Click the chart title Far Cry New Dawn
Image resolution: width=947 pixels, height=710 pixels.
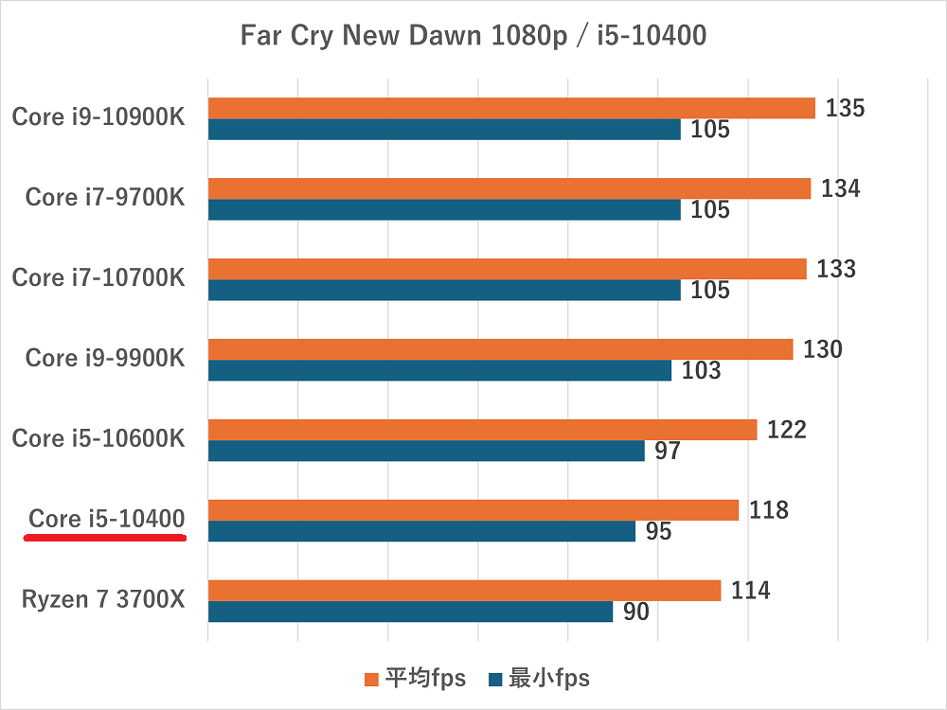tap(473, 37)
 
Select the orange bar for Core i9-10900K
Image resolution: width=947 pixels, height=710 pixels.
tap(511, 108)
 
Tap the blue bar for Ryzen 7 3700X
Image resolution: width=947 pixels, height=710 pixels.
tap(410, 612)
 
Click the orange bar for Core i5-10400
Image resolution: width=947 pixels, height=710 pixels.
tap(473, 510)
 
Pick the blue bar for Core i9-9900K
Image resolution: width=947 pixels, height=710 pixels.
tap(439, 371)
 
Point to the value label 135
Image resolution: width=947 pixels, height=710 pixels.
tap(845, 108)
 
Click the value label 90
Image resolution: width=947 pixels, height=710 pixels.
tap(635, 612)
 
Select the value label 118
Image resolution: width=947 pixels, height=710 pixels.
tap(768, 510)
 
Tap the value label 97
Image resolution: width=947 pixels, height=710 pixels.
tap(667, 452)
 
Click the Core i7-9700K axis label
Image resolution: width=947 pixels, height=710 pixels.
tap(105, 197)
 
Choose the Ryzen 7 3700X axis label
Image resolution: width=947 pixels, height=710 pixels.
tap(103, 599)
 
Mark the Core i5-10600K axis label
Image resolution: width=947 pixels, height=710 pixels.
tap(98, 438)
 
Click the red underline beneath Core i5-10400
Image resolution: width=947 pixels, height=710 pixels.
tap(104, 538)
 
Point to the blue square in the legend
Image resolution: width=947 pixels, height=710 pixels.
tap(494, 679)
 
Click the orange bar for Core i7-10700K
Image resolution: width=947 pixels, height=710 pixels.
tap(507, 269)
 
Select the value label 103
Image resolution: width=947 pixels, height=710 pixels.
tap(701, 371)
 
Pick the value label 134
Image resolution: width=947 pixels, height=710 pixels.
tap(840, 188)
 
